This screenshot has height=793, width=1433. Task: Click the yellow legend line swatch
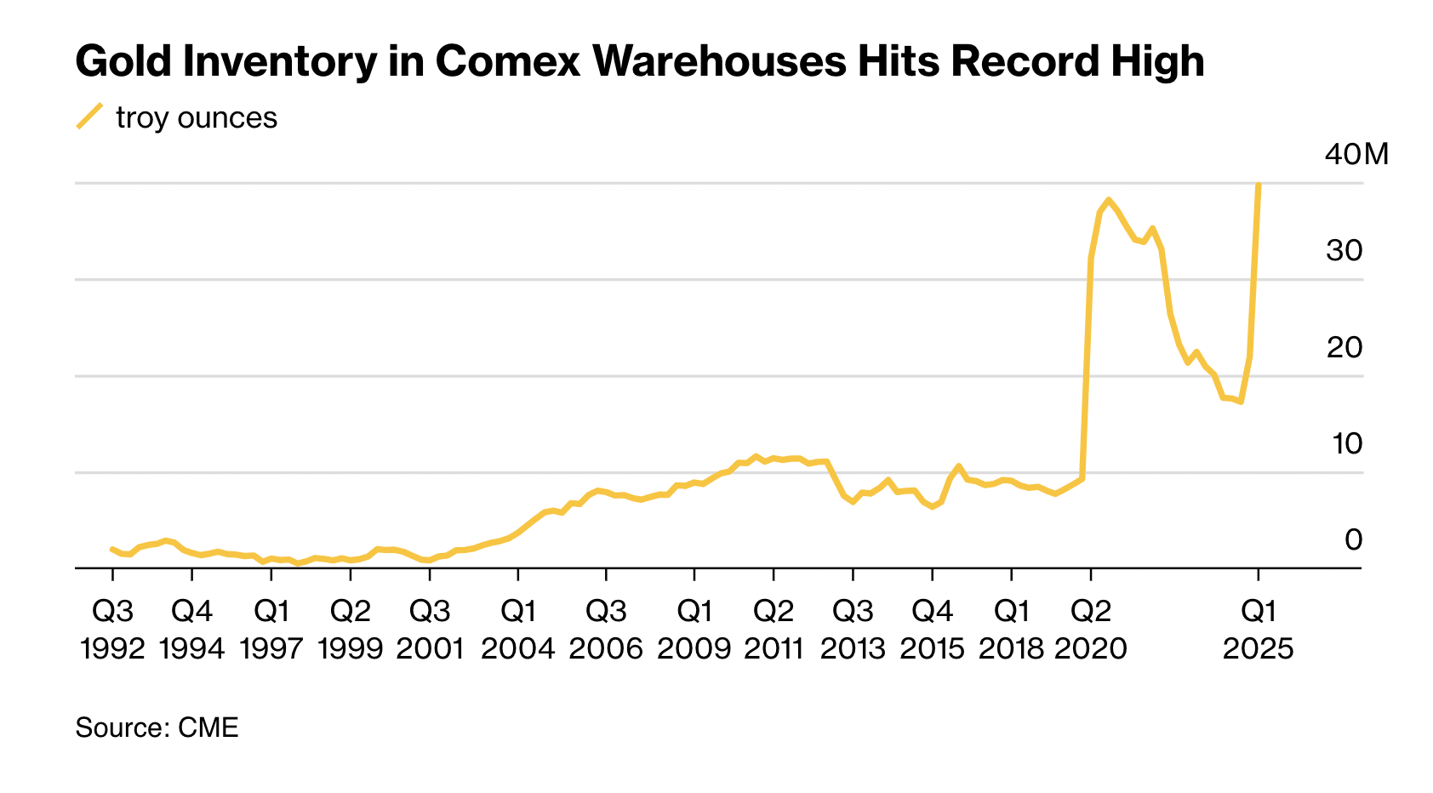(89, 117)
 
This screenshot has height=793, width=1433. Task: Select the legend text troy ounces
(197, 117)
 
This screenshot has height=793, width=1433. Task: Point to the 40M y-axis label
(1356, 154)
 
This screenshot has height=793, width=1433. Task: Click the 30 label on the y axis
(1344, 250)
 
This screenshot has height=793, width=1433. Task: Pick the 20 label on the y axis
(1344, 347)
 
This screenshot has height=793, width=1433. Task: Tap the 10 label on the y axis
(1345, 443)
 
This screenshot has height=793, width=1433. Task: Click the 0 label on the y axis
(1353, 539)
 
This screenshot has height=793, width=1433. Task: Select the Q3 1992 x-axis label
(112, 630)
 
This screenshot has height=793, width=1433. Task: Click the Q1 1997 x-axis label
(271, 630)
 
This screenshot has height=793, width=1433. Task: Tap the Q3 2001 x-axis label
(430, 630)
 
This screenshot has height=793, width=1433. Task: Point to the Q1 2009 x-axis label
(694, 630)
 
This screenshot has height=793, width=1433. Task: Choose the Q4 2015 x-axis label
(932, 630)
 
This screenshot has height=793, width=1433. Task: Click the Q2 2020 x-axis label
(1090, 630)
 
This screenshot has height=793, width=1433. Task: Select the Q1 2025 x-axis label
(1258, 630)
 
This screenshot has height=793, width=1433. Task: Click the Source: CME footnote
(157, 727)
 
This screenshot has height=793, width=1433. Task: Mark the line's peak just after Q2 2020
(1108, 200)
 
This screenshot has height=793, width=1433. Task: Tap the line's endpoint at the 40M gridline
(1258, 185)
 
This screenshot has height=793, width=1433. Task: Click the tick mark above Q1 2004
(517, 573)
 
